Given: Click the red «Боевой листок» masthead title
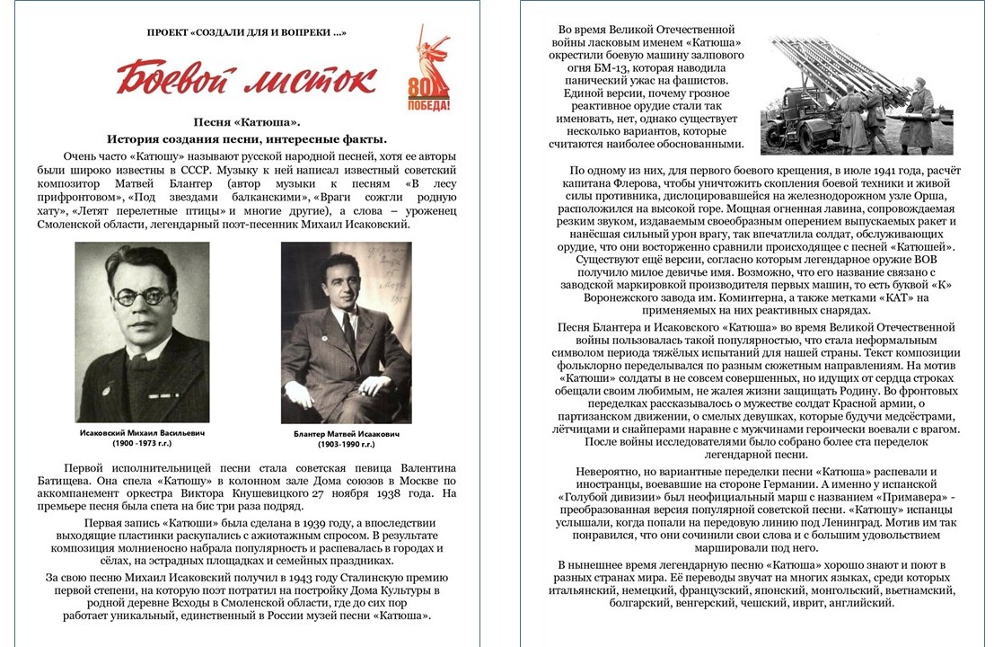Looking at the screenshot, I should click(x=245, y=78).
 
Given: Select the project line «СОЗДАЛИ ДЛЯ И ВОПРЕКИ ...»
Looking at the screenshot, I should click(x=247, y=32).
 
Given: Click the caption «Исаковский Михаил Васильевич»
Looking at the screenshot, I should click(x=142, y=432).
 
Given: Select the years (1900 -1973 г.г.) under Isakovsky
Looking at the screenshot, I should click(x=142, y=444).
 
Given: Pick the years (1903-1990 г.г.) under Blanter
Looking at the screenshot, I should click(x=347, y=445).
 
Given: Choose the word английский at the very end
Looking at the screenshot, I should click(x=863, y=604).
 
